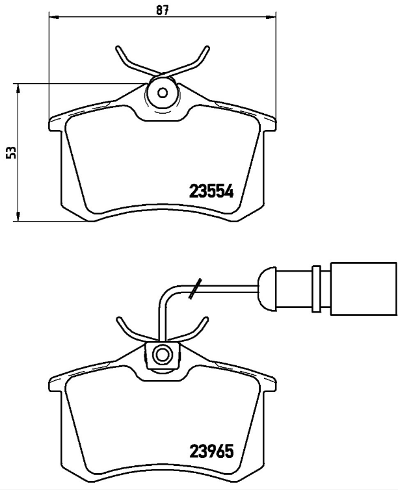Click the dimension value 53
click(x=9, y=152)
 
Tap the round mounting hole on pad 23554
click(x=162, y=92)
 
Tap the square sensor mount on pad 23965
click(x=162, y=355)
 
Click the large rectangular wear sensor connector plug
click(x=363, y=289)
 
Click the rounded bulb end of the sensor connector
click(x=269, y=289)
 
